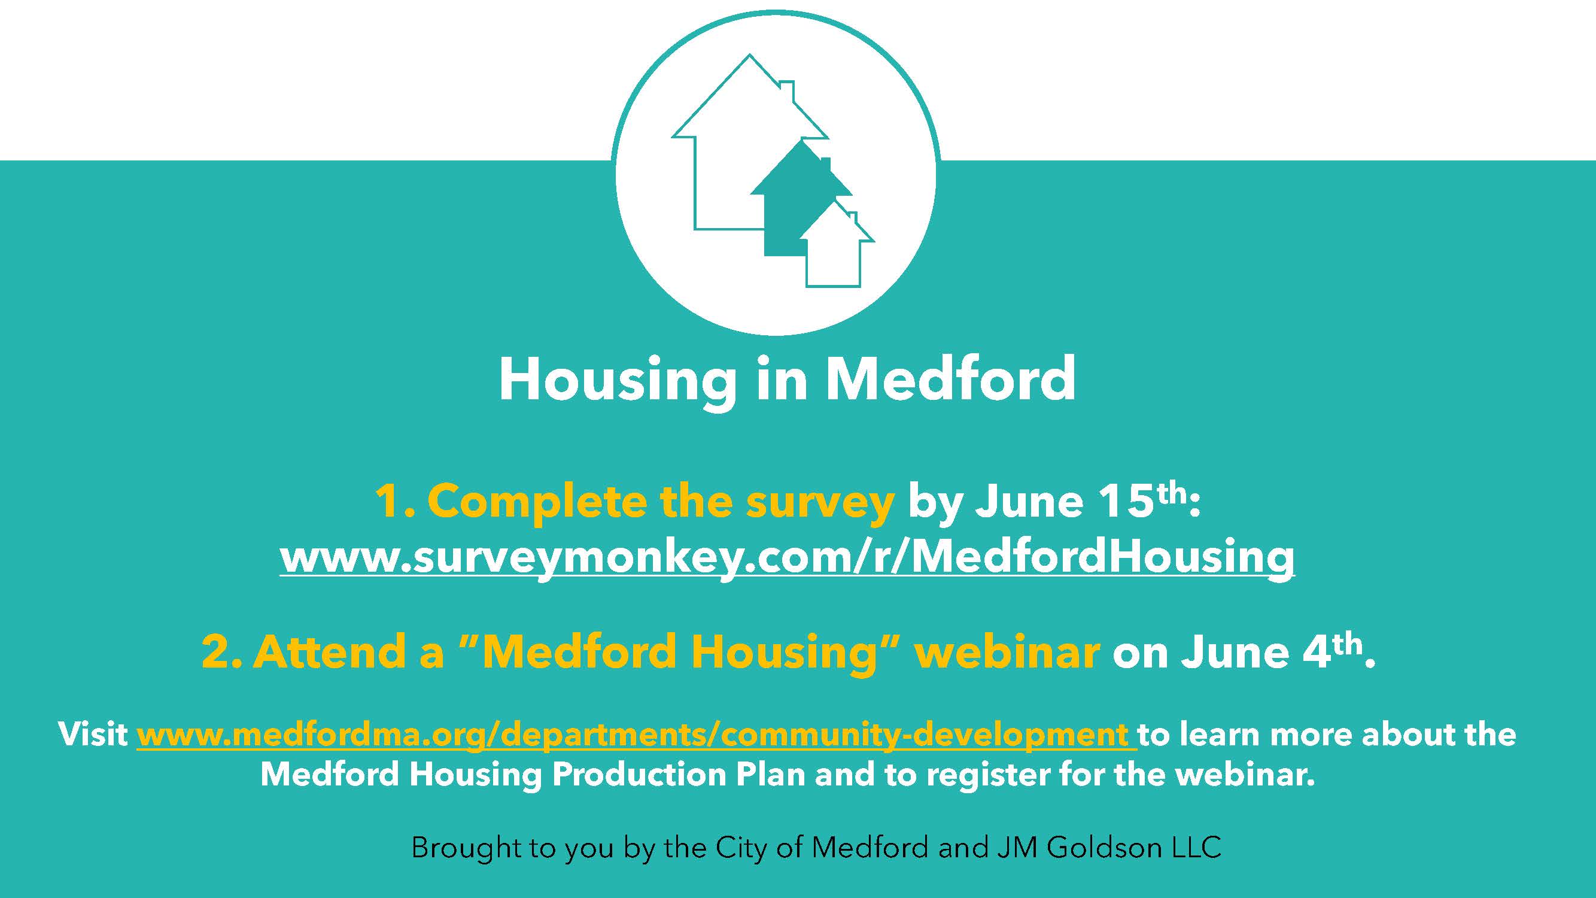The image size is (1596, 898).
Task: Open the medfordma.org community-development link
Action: pyautogui.click(x=636, y=735)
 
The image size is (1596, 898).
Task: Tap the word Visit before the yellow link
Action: pyautogui.click(x=93, y=735)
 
